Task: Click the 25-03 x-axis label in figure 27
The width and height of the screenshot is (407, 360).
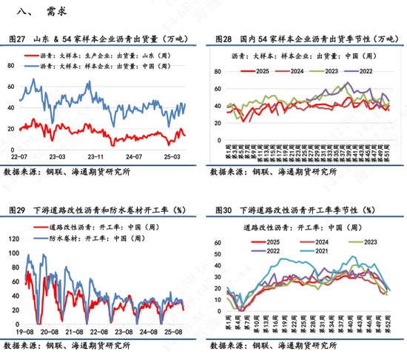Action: (172, 156)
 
